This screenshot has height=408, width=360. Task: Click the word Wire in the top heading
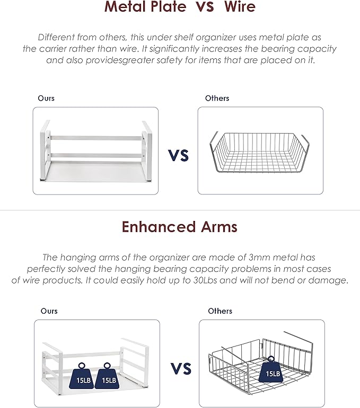pyautogui.click(x=240, y=6)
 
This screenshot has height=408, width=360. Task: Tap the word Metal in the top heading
pyautogui.click(x=126, y=6)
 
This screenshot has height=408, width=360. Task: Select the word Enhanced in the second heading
pyautogui.click(x=159, y=227)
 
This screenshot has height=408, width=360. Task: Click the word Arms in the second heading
pyautogui.click(x=219, y=227)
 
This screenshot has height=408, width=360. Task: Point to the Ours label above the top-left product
pyautogui.click(x=46, y=98)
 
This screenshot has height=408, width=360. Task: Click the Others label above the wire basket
pyautogui.click(x=217, y=98)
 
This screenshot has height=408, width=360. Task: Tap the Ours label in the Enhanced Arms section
pyautogui.click(x=49, y=311)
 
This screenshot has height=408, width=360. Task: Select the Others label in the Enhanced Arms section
pyautogui.click(x=220, y=311)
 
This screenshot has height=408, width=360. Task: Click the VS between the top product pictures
pyautogui.click(x=178, y=155)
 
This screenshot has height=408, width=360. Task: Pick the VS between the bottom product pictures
pyautogui.click(x=181, y=368)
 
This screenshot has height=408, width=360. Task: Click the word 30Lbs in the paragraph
pyautogui.click(x=205, y=280)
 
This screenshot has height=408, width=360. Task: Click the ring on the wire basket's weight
pyautogui.click(x=271, y=359)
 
